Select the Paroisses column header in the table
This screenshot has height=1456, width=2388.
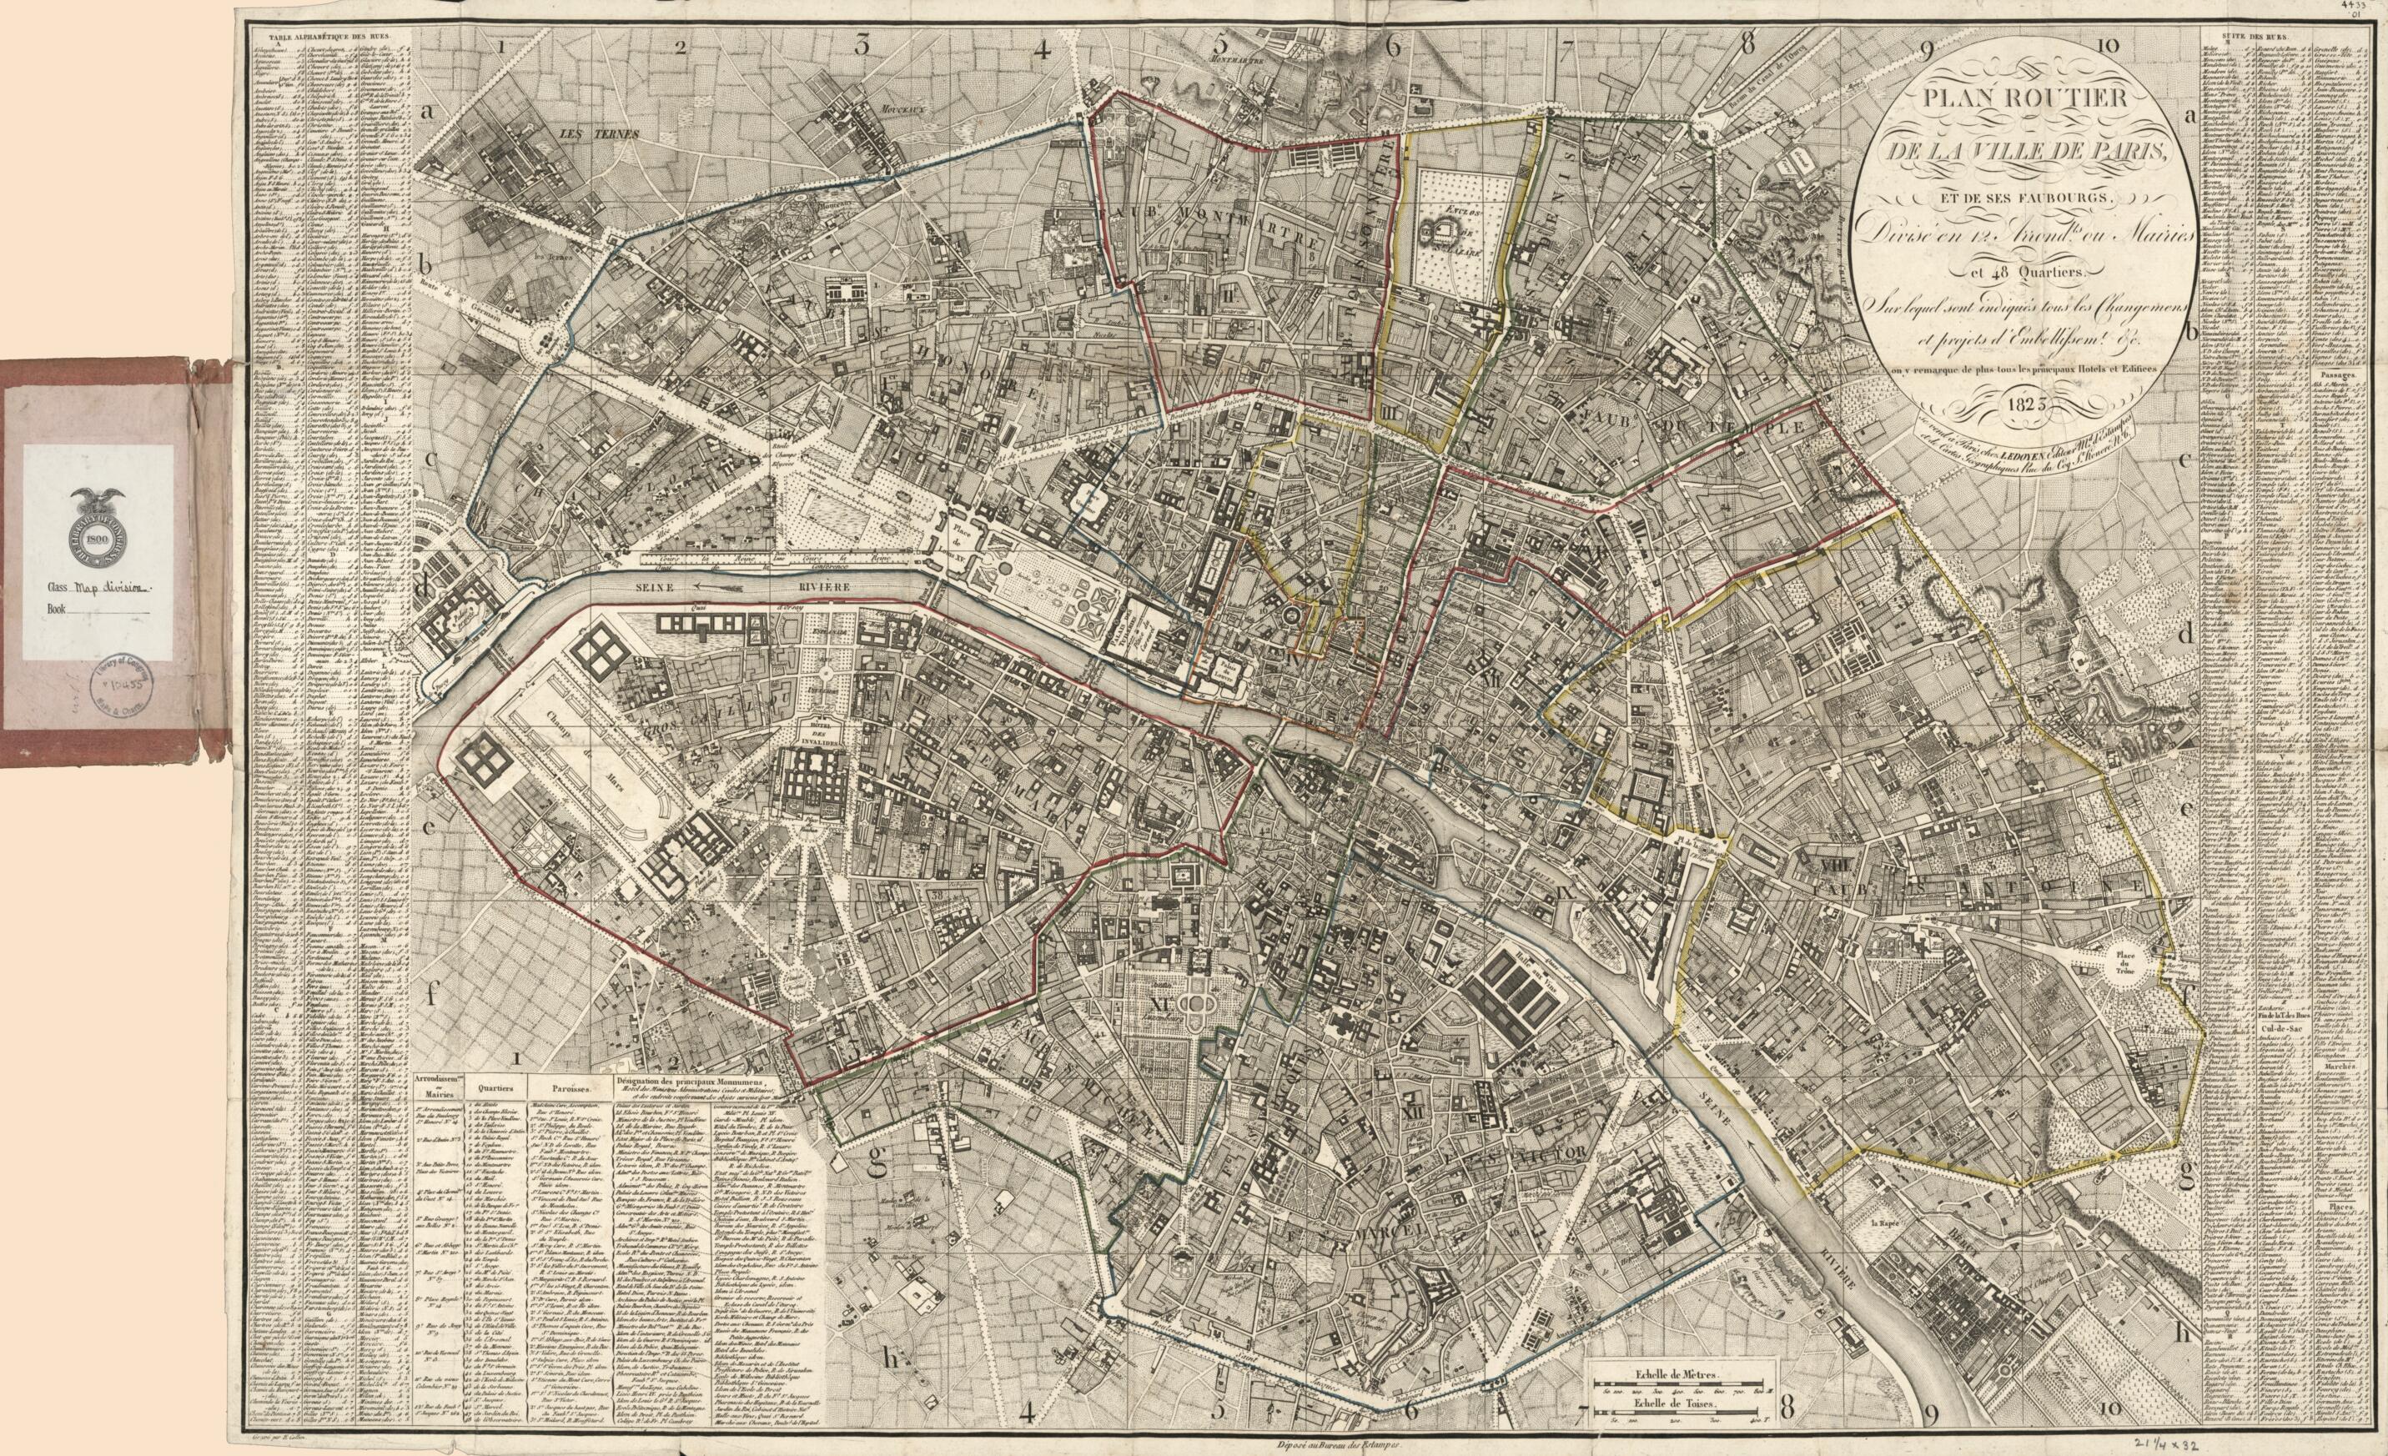(x=565, y=1087)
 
